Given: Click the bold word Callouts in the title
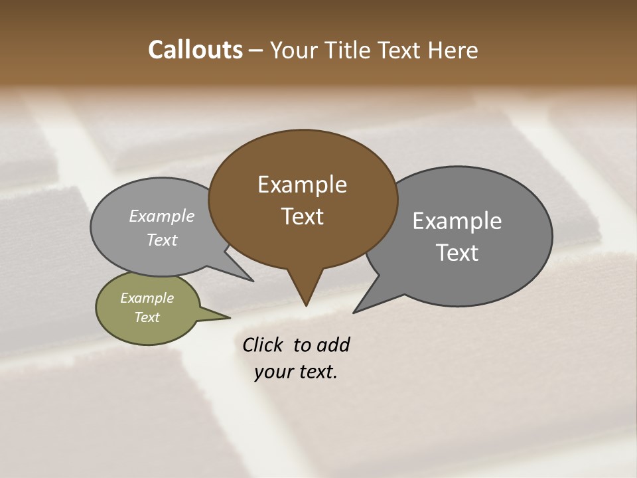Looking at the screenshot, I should coord(195,50).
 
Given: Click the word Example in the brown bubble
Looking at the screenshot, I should coord(302,185).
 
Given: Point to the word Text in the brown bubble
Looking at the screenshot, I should coord(302,216).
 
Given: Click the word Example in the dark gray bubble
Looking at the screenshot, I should coord(457,221).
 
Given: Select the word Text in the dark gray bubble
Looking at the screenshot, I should coord(457,253).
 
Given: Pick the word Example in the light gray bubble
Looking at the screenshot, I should coord(162,216).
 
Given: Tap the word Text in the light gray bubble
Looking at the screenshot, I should coord(162,240).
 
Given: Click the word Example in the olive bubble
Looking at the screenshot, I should coord(147,298).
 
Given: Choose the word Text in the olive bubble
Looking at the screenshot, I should coord(147,317).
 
